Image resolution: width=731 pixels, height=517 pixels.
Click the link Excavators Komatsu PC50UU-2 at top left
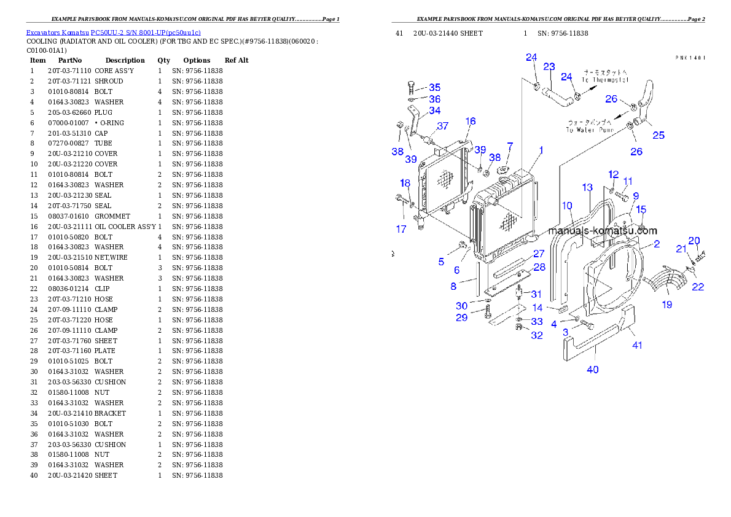113,33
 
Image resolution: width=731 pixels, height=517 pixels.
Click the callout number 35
435,88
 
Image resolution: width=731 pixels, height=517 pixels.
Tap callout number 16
471,122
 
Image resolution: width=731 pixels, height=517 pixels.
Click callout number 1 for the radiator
541,150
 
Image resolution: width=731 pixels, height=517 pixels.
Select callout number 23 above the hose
549,66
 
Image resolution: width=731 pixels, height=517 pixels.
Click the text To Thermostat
606,80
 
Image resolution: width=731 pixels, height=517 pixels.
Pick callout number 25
658,135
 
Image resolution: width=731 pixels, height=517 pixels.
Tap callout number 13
587,187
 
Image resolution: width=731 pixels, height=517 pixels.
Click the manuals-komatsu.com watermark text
603,231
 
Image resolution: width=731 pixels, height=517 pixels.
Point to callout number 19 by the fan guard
667,305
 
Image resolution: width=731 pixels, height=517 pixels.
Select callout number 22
698,287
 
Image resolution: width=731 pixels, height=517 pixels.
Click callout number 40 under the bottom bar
593,370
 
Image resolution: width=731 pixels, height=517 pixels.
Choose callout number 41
638,345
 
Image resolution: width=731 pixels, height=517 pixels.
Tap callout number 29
461,317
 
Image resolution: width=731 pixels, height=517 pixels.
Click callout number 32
537,335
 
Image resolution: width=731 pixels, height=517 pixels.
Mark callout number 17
401,229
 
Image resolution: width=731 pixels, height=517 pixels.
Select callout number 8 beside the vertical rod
453,286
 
